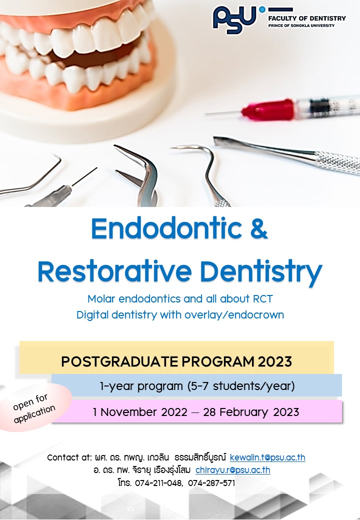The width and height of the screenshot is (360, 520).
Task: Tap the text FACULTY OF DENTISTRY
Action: pyautogui.click(x=307, y=18)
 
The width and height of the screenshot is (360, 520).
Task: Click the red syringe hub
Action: pyautogui.click(x=268, y=110)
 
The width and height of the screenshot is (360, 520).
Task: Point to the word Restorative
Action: pyautogui.click(x=114, y=271)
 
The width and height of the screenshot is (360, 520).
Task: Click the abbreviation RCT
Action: pyautogui.click(x=263, y=299)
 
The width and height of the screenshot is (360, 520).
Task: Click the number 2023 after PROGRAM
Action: pyautogui.click(x=275, y=361)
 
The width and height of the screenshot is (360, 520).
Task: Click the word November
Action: pyautogui.click(x=129, y=412)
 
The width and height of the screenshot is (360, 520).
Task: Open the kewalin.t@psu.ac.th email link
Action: pyautogui.click(x=267, y=457)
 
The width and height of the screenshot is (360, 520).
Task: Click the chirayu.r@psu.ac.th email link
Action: pyautogui.click(x=232, y=470)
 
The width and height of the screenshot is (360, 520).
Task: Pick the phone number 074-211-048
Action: pyautogui.click(x=158, y=483)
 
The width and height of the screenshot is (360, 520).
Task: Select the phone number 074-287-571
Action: pyautogui.click(x=211, y=483)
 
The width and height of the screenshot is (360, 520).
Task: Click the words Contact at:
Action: pyautogui.click(x=69, y=457)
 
